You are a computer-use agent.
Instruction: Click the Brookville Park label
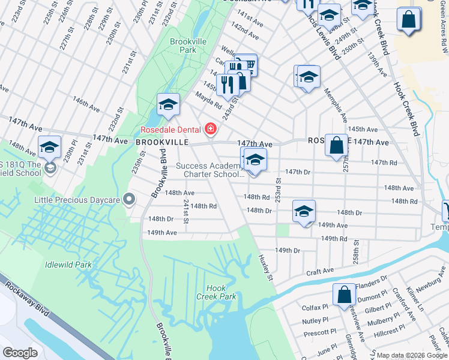pyautogui.click(x=183, y=46)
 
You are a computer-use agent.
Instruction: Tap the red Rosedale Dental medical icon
pyautogui.click(x=210, y=128)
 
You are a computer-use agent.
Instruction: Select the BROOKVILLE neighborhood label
pyautogui.click(x=162, y=142)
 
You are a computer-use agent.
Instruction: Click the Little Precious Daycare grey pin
pyautogui.click(x=128, y=199)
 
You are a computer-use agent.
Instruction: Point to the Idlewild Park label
pyautogui.click(x=68, y=264)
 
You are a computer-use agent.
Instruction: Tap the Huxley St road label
pyautogui.click(x=266, y=267)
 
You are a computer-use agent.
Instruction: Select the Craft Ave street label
pyautogui.click(x=320, y=272)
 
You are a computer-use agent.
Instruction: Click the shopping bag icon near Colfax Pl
pyautogui.click(x=345, y=295)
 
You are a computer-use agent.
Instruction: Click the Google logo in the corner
pyautogui.click(x=20, y=353)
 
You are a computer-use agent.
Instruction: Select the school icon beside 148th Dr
pyautogui.click(x=304, y=211)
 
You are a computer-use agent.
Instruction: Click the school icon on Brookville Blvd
pyautogui.click(x=169, y=104)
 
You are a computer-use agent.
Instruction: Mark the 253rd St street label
pyautogui.click(x=278, y=189)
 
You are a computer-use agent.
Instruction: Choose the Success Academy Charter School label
pyautogui.click(x=210, y=170)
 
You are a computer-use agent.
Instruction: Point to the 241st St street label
pyautogui.click(x=186, y=212)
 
